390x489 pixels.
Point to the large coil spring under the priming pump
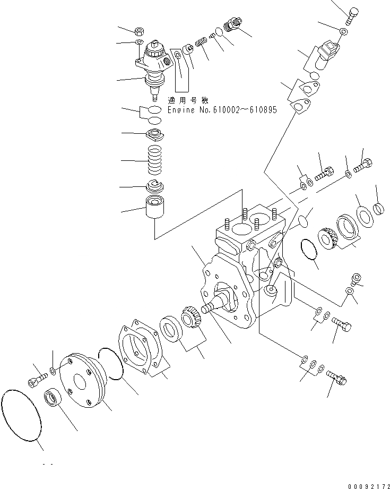tap(157, 159)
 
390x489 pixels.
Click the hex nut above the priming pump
tap(140, 31)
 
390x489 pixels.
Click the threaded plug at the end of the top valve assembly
tap(232, 24)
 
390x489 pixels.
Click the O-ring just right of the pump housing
tap(308, 250)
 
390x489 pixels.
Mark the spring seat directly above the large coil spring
tap(157, 135)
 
